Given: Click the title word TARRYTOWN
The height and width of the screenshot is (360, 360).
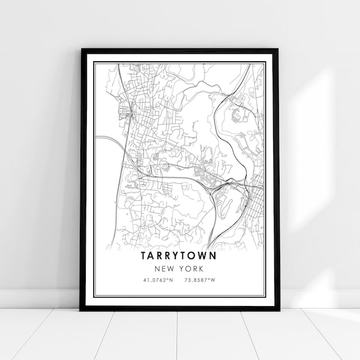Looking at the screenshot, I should coord(179,255).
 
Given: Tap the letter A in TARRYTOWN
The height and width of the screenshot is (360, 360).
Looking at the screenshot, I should coord(151,255).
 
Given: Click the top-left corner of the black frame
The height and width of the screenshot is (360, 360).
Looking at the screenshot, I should coord(81,50).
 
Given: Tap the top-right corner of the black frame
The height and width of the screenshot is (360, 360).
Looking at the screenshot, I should coord(278,50).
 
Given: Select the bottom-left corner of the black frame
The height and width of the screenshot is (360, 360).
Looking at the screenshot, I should coord(81,309).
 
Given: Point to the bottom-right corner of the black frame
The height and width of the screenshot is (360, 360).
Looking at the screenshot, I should coord(278,309).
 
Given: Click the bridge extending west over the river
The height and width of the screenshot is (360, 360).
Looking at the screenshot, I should coord(111,140).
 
